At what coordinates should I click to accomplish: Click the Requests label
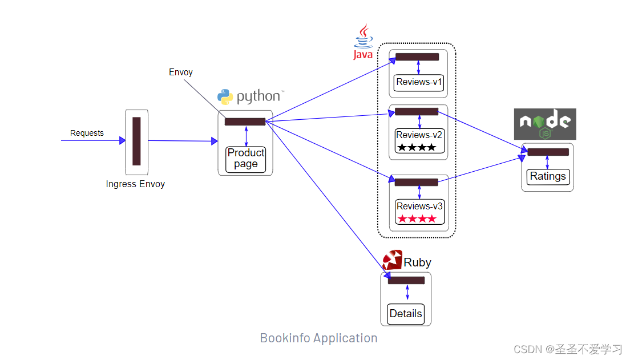87,133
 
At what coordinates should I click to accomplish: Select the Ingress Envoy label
135,184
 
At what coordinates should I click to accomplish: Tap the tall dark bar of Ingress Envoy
136,141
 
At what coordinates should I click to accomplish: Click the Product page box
246,159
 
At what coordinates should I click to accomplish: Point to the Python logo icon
225,96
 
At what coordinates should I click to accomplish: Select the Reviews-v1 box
419,82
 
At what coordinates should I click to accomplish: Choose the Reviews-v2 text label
419,135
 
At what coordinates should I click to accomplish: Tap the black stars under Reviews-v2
417,148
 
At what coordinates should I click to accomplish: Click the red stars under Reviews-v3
417,219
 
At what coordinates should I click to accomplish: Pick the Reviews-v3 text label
419,206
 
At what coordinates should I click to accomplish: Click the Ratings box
548,176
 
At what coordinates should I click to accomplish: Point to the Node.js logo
545,124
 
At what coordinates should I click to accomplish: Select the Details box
406,313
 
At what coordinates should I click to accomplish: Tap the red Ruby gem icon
393,260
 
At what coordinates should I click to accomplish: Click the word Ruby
417,262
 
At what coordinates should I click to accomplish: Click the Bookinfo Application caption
318,338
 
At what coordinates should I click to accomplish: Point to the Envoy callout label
181,72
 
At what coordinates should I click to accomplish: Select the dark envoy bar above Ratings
548,152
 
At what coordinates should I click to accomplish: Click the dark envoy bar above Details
406,280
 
